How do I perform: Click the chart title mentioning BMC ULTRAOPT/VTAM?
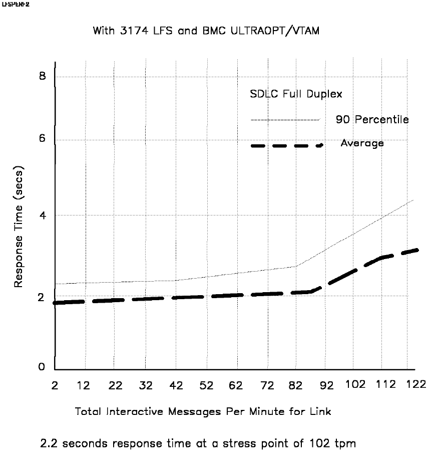206,31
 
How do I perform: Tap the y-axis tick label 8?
43,76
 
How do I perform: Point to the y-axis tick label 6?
43,140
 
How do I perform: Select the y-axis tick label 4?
43,215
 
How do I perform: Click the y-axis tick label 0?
43,367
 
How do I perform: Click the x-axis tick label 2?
55,385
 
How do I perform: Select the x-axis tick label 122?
415,385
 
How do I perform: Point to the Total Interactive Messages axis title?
203,411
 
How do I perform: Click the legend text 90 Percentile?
372,120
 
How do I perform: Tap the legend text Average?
362,143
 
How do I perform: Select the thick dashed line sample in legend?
286,145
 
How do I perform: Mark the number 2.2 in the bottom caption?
49,443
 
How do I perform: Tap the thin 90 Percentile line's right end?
413,200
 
